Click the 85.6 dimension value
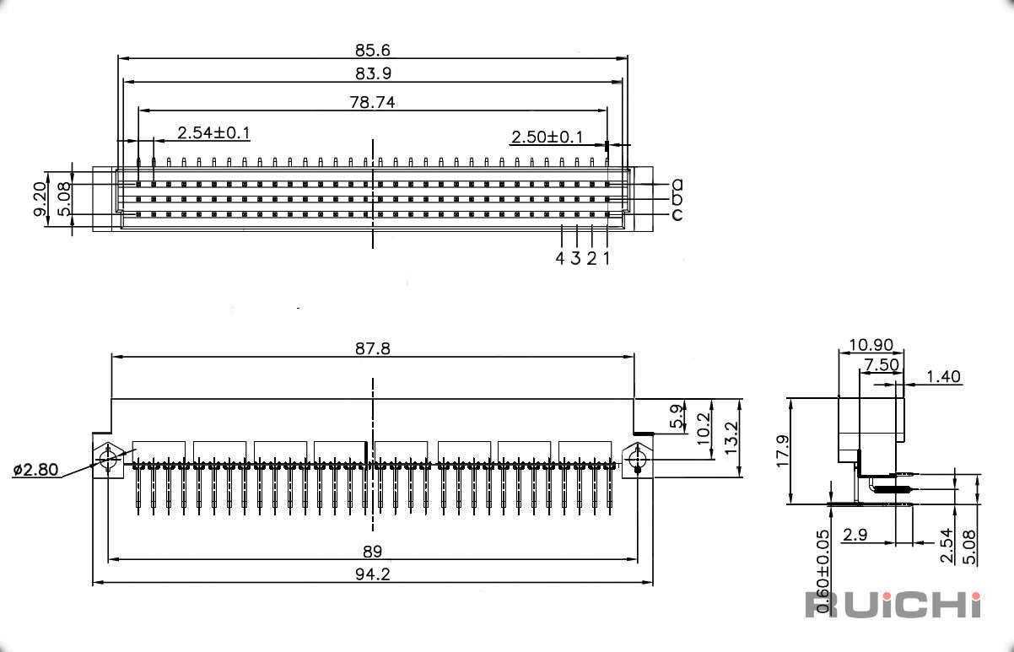[373, 50]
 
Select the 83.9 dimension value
[373, 73]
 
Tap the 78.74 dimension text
[373, 102]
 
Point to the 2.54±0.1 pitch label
[213, 133]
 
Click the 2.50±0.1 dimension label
[547, 137]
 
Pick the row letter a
[677, 184]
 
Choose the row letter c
[677, 214]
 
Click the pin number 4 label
[560, 258]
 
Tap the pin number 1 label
[607, 258]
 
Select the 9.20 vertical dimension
[40, 199]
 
